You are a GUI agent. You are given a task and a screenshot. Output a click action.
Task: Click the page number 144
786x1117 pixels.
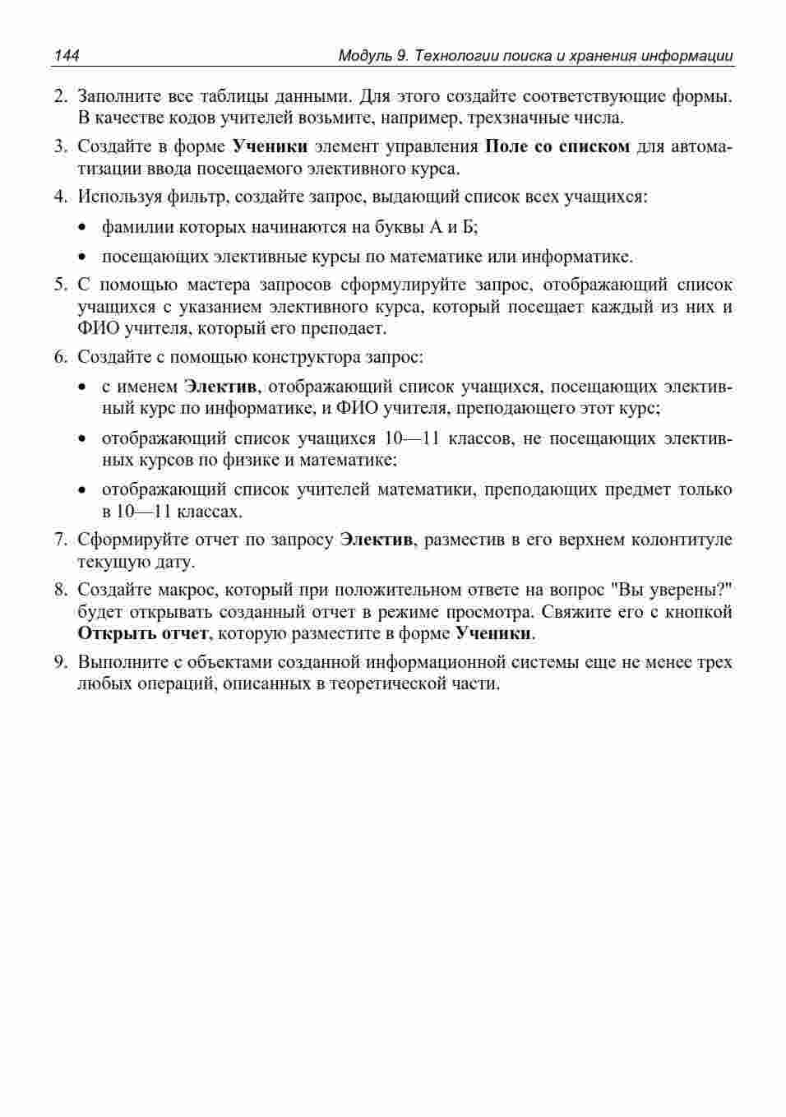67,56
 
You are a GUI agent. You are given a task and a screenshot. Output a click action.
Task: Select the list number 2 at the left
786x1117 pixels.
59,96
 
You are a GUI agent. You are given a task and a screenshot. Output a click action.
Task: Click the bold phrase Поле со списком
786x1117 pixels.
557,146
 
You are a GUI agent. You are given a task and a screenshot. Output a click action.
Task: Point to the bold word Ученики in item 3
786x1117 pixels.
270,146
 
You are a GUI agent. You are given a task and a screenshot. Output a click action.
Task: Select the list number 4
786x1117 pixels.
59,197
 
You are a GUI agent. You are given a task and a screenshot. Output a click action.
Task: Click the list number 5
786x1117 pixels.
59,285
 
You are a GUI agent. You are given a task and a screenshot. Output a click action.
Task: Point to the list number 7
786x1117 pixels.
59,540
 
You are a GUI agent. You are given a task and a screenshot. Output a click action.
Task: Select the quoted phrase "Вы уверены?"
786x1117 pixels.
672,590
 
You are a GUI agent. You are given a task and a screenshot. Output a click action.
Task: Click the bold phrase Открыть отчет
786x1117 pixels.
142,633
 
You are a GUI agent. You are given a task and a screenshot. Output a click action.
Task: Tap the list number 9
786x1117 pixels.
59,662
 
